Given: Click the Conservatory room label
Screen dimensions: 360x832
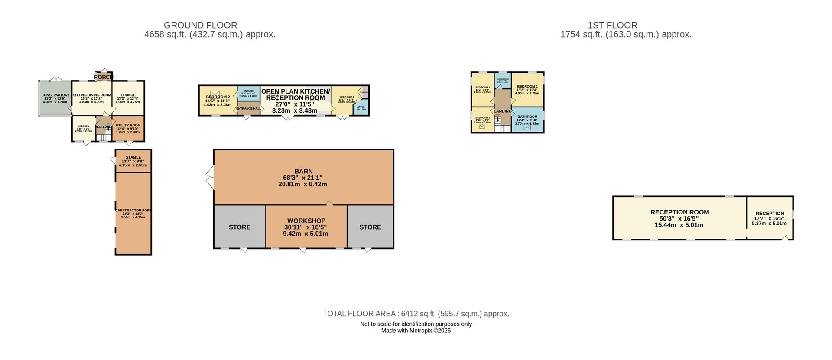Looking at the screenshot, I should pos(55,95).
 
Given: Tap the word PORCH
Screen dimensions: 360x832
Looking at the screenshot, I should pos(104,77).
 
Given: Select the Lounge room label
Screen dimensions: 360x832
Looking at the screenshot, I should pos(128,95).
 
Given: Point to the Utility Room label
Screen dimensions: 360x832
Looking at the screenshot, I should pos(128,126).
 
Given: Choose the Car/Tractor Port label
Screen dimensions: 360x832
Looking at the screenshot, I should pos(133,211).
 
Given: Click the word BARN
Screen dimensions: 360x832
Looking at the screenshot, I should pos(303,172).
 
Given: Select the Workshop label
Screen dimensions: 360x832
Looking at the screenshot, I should pos(306,221).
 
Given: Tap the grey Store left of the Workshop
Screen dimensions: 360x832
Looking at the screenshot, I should pos(240,227).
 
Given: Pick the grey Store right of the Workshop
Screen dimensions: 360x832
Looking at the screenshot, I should pos(370,227).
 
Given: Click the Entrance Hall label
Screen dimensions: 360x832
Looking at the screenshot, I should pos(248,108).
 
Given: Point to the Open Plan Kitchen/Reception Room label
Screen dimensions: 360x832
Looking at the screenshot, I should pos(296,94).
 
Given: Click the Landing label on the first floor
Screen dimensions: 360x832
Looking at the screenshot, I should pos(503,111).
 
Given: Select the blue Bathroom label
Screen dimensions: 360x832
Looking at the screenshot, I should pos(527,117).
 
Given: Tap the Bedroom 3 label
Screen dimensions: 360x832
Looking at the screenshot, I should pos(482,118).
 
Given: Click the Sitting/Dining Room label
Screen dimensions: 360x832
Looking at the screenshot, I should pos(92,95).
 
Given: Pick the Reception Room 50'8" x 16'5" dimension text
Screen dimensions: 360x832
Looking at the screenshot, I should pos(679,219).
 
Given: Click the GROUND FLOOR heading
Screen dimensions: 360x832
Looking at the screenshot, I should pos(200,26).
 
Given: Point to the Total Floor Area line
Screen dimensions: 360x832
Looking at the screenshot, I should pos(416,314).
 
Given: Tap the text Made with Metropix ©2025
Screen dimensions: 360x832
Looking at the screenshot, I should pos(416,331).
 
